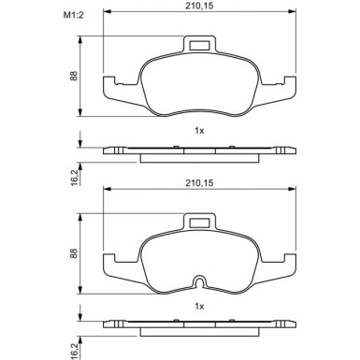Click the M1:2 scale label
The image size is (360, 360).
[74, 15]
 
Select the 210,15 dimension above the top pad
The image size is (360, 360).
[199, 6]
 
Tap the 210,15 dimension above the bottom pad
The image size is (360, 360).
[199, 183]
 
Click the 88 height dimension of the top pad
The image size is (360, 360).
[74, 76]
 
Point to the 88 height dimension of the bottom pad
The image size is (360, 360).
[74, 253]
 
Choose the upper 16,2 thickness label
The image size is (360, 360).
[75, 178]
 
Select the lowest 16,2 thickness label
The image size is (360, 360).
[75, 352]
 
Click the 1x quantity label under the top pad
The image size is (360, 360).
[199, 131]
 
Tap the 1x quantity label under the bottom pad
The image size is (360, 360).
[199, 307]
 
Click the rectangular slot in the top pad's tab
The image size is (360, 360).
[199, 46]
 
